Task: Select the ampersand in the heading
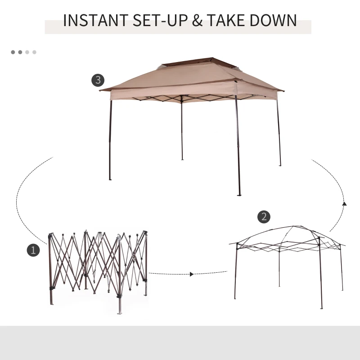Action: (x=197, y=21)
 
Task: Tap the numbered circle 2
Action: (x=264, y=216)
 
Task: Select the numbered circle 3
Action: (x=98, y=81)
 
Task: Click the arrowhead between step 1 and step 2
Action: (x=192, y=274)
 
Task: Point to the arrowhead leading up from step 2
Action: (x=344, y=204)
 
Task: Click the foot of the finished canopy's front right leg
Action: (x=239, y=194)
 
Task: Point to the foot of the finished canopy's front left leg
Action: (x=110, y=179)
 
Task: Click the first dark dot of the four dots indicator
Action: (x=13, y=52)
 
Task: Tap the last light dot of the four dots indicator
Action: (x=34, y=52)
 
